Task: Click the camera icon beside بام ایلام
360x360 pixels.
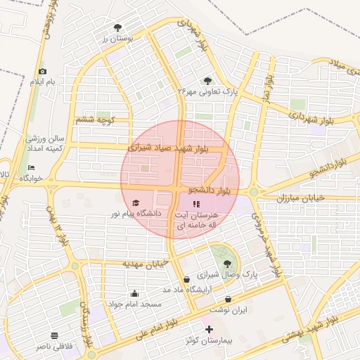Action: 42,71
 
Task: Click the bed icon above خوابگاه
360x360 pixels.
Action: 31,167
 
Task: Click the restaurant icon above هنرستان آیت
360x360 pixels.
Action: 195,204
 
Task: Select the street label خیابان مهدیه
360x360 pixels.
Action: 146,264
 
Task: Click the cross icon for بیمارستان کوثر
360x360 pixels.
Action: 208,329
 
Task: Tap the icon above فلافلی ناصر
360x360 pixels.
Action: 55,335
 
